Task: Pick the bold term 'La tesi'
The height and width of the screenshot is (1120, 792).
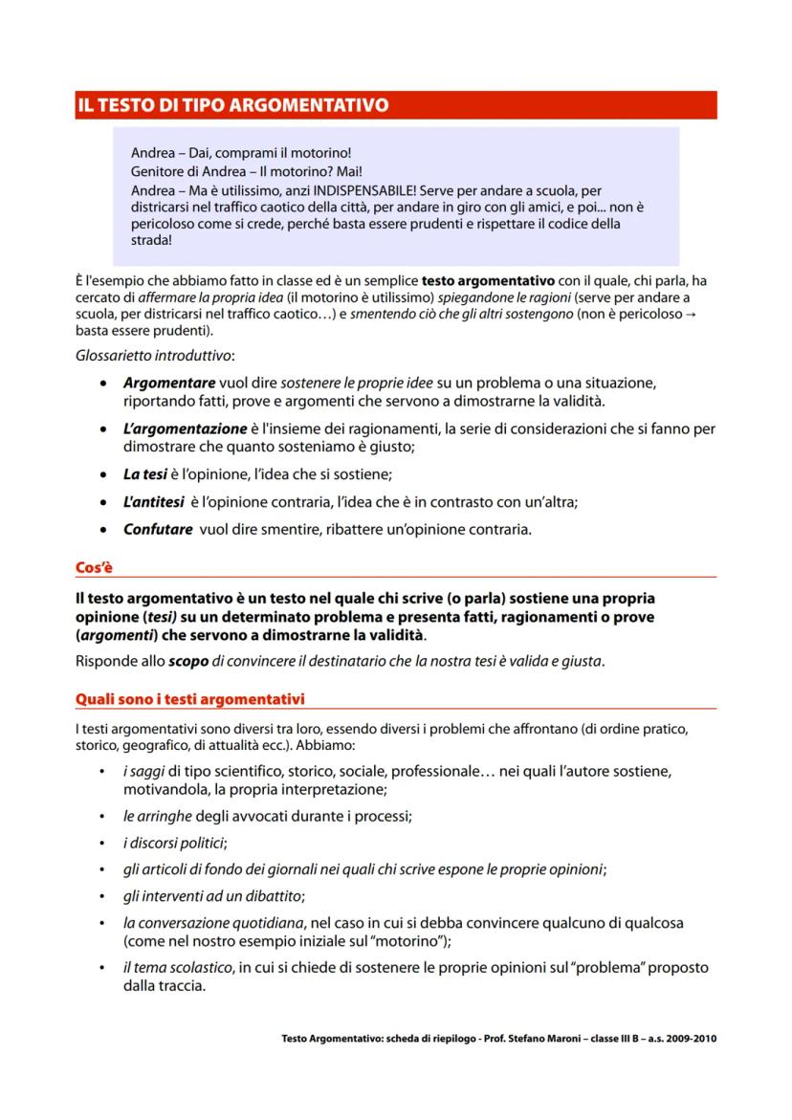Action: point(144,473)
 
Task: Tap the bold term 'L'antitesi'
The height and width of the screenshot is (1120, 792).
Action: point(153,501)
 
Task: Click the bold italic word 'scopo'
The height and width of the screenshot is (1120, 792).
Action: point(188,660)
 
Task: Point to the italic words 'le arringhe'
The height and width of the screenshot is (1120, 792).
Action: point(157,817)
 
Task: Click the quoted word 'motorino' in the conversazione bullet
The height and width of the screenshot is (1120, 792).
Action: point(397,941)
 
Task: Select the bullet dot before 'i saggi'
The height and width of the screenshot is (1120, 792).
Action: point(101,771)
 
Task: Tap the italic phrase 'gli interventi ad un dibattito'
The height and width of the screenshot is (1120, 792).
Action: point(212,896)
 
